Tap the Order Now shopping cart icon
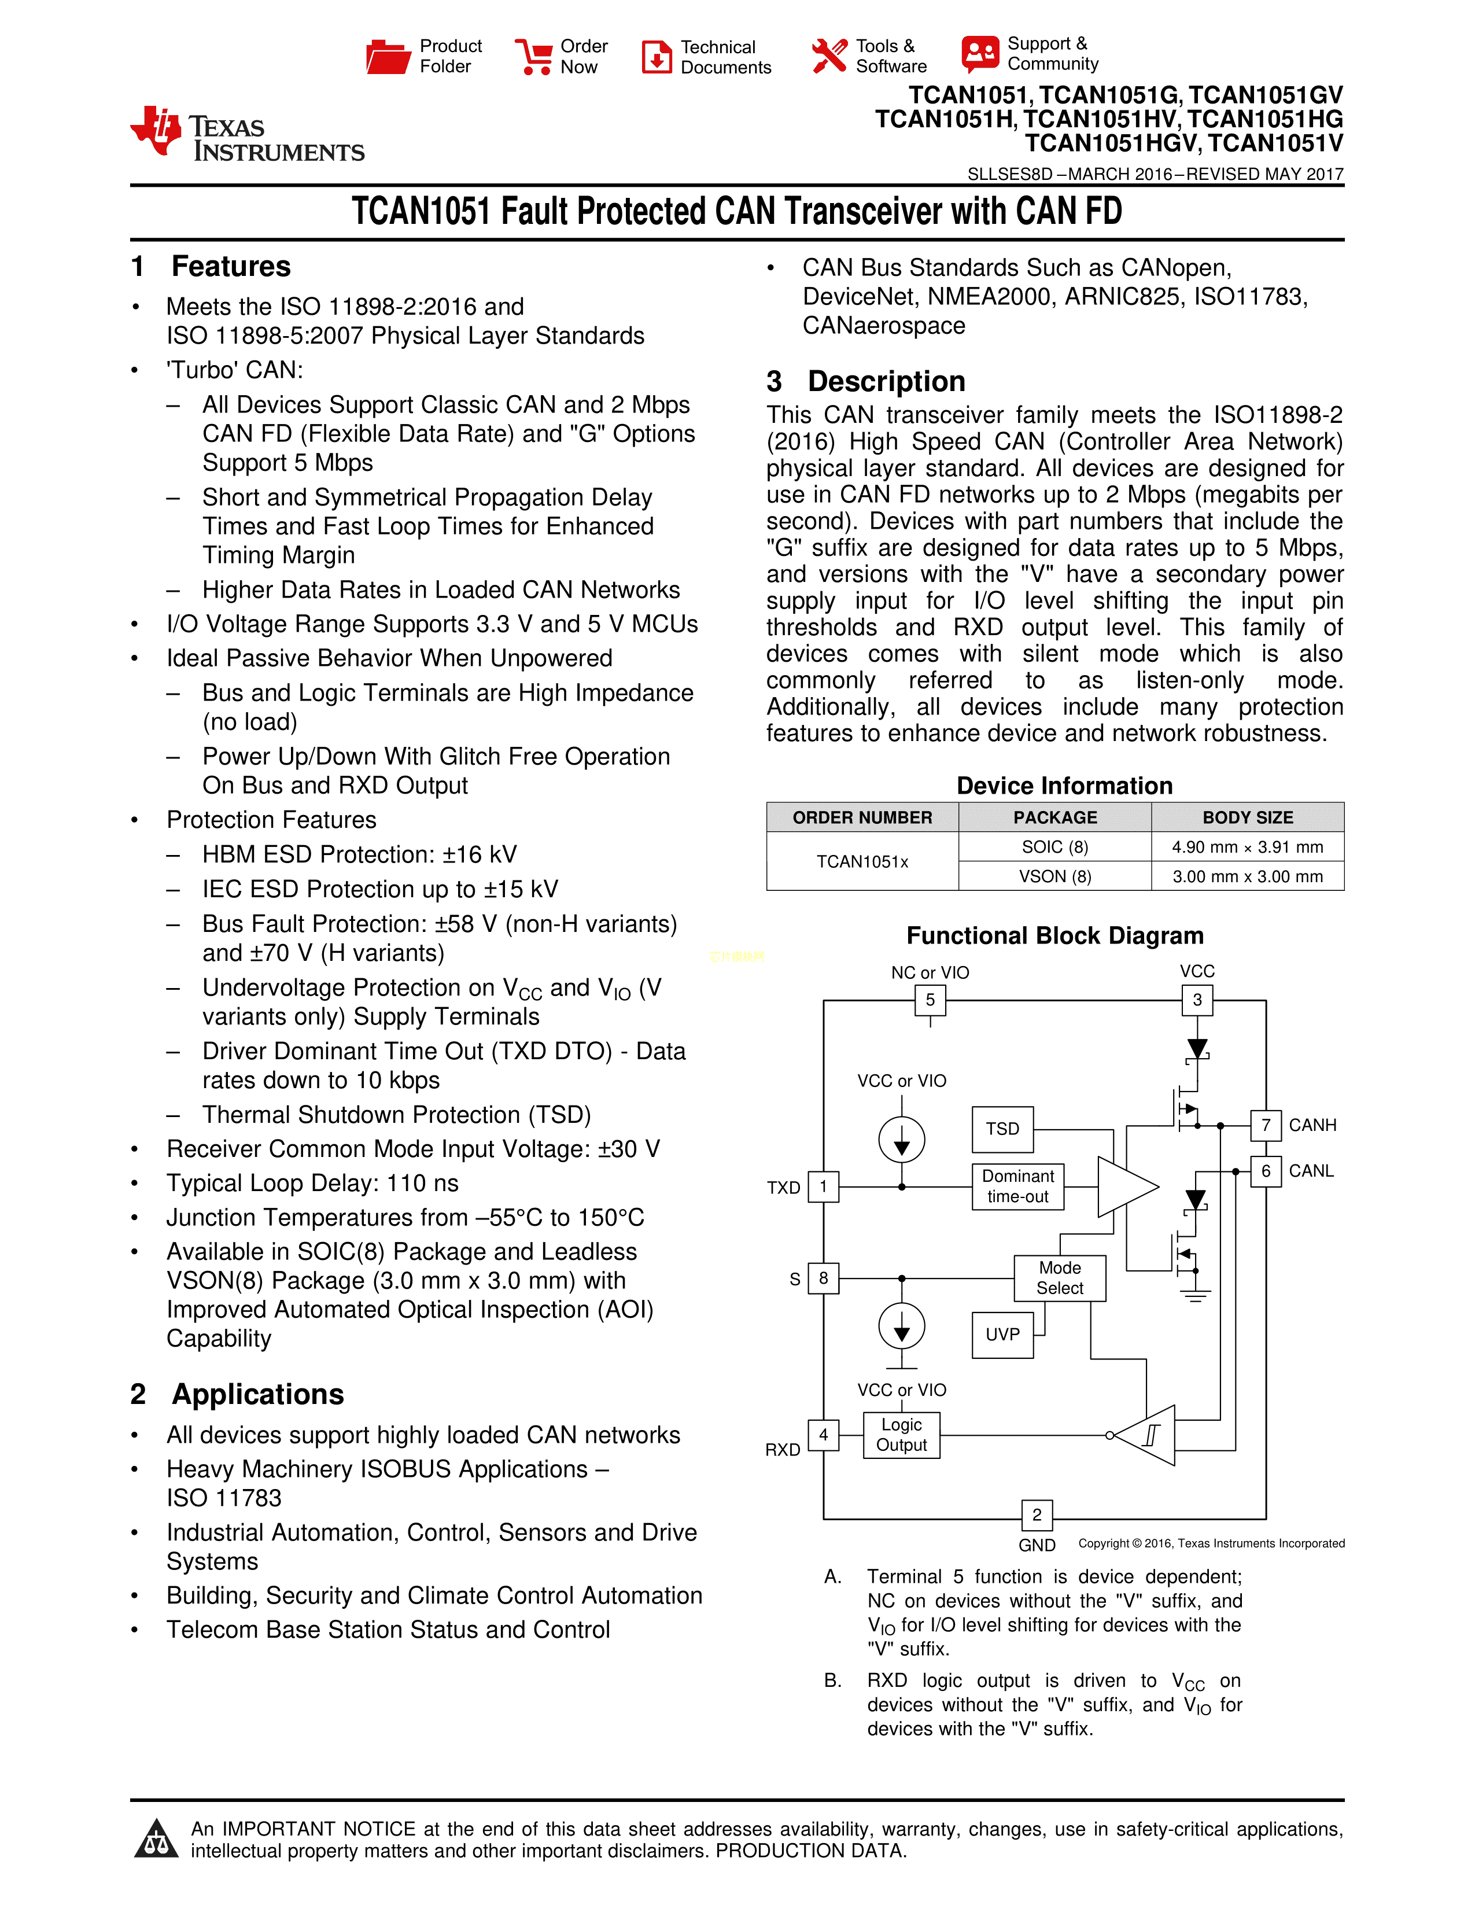533,57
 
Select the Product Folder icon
387,57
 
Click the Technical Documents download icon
657,57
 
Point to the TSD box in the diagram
1002,1129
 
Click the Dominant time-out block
1018,1186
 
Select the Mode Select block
1059,1278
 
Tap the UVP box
1002,1335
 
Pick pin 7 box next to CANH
1265,1125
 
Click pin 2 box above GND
1037,1515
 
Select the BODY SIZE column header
1247,817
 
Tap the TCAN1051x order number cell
862,862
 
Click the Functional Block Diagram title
1054,936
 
